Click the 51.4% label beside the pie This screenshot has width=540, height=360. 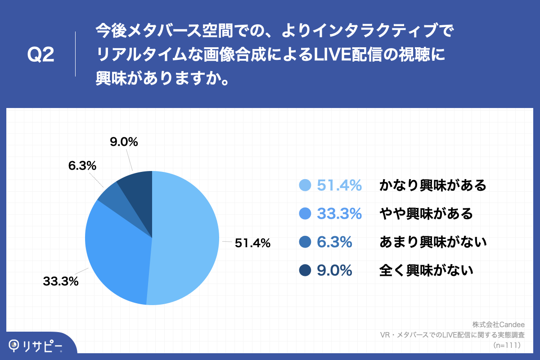coord(252,243)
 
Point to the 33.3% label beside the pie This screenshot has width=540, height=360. coord(61,282)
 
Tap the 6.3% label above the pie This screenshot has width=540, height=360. coord(82,166)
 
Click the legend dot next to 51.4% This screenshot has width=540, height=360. coord(305,185)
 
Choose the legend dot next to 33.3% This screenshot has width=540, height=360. coord(305,214)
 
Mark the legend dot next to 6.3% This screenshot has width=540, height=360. coord(305,242)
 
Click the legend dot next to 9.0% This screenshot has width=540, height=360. coord(305,270)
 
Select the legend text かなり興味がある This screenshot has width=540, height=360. coord(433,185)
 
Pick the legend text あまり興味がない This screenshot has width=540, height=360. coord(433,242)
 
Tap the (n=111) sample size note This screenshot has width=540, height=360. coord(507,345)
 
